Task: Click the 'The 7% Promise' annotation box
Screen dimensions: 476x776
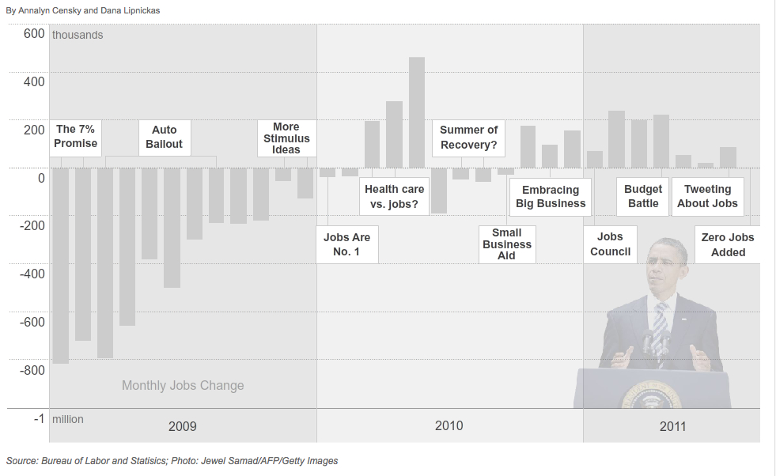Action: click(76, 137)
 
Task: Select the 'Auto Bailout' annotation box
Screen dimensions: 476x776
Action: click(165, 137)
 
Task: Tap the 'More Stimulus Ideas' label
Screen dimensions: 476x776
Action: click(286, 138)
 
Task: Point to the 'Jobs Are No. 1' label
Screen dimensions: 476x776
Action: click(346, 244)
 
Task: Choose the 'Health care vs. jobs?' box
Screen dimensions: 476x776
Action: click(394, 197)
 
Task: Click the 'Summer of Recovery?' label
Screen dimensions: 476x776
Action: click(469, 138)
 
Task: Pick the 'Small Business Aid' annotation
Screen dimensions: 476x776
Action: click(507, 244)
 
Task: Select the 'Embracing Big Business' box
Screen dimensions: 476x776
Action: click(551, 197)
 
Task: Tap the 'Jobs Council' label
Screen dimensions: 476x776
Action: click(611, 244)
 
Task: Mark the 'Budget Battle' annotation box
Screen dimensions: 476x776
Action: click(643, 196)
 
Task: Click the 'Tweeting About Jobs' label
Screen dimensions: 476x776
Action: click(707, 196)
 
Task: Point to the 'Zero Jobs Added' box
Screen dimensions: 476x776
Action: click(728, 244)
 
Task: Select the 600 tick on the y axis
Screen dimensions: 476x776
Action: click(34, 33)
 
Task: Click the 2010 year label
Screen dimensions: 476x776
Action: click(449, 426)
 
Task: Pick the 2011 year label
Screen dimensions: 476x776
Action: click(673, 426)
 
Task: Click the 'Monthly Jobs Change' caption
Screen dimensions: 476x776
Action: click(183, 386)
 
